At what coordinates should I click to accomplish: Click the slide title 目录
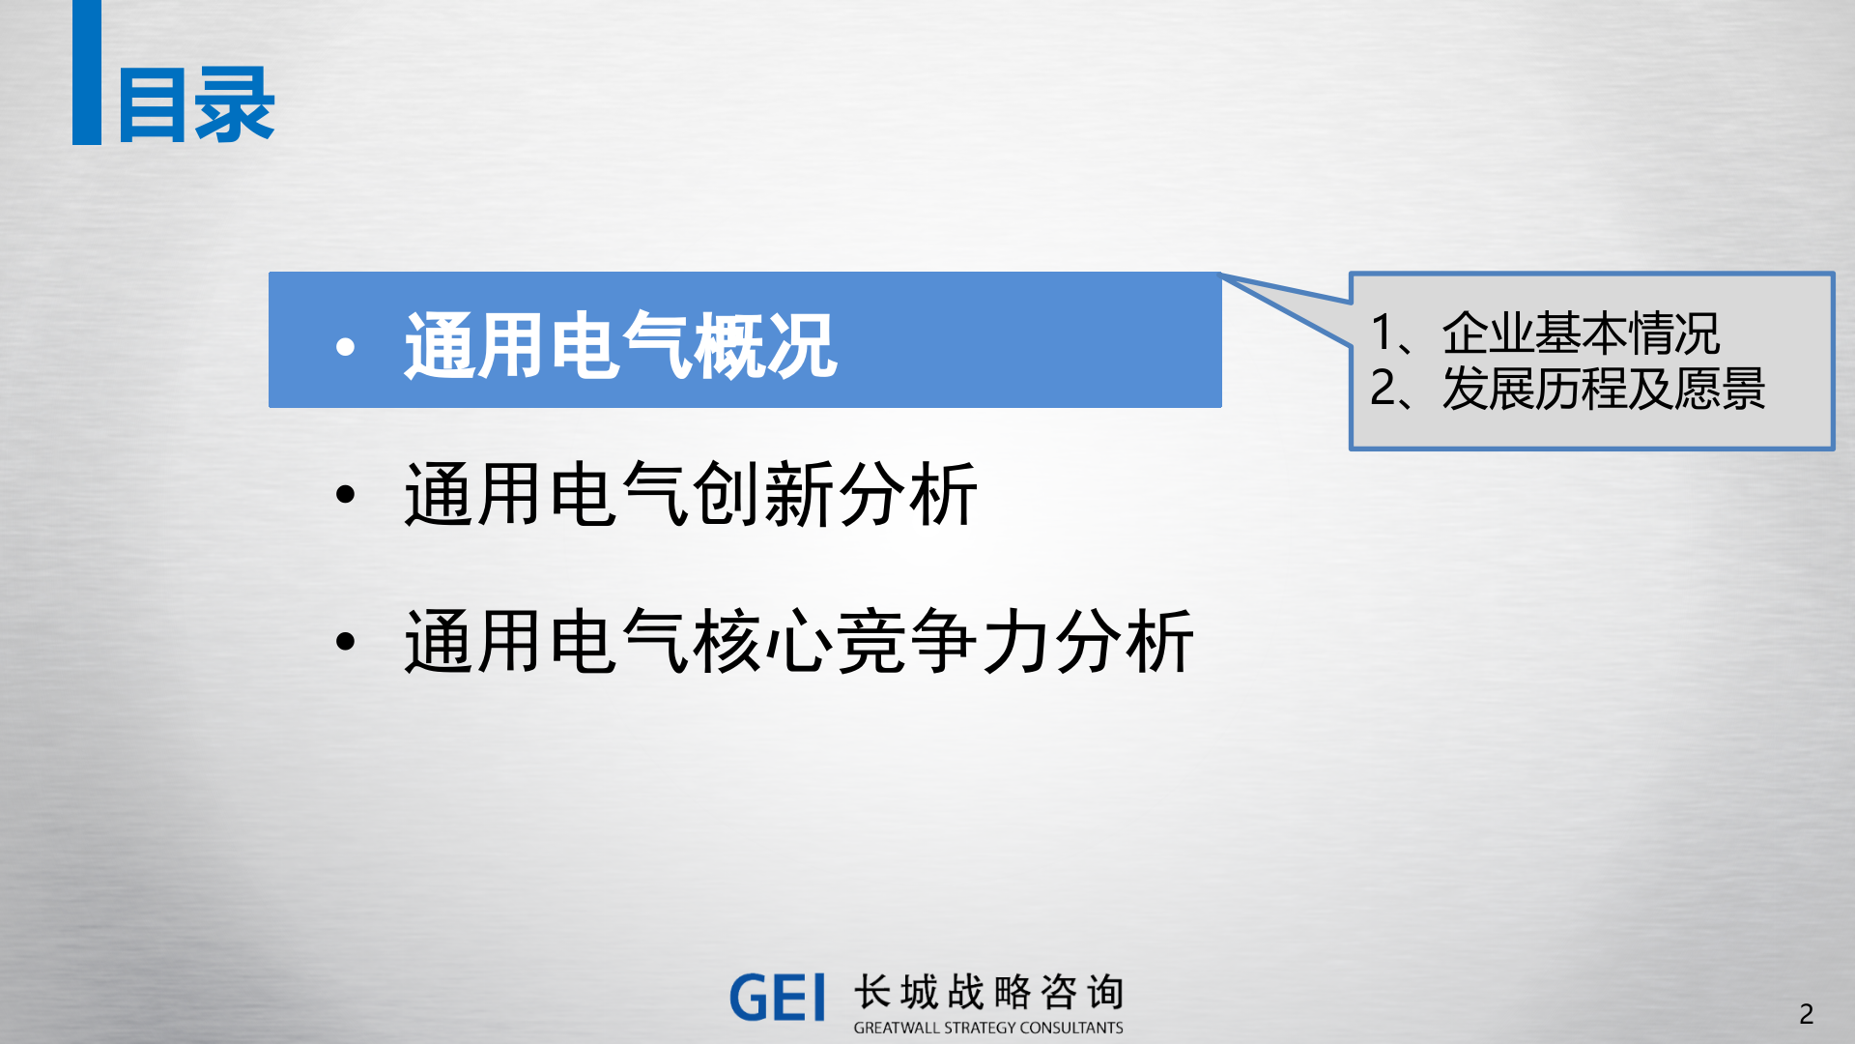click(x=196, y=105)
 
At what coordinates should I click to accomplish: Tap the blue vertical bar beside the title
click(x=87, y=72)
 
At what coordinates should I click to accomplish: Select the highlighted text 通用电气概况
click(x=620, y=345)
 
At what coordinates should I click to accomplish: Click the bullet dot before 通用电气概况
click(x=345, y=347)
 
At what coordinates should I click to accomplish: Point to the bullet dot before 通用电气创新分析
click(x=345, y=495)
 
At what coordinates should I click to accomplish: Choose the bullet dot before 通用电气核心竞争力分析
click(x=345, y=641)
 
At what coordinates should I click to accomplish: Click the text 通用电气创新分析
click(x=691, y=494)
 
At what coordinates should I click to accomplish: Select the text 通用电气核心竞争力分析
click(x=799, y=641)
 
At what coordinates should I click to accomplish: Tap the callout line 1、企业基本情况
click(x=1545, y=333)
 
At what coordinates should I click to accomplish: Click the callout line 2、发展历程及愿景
click(x=1567, y=389)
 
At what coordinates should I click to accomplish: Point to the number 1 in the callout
click(x=1382, y=333)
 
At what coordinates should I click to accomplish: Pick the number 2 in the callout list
click(x=1383, y=389)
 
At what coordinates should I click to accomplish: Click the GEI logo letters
click(x=778, y=998)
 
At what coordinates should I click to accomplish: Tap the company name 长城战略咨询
click(x=988, y=993)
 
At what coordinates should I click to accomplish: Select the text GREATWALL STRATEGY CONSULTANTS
click(x=988, y=1028)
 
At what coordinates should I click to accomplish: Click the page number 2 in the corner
click(x=1806, y=1014)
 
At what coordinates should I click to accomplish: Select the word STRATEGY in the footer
click(x=979, y=1028)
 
